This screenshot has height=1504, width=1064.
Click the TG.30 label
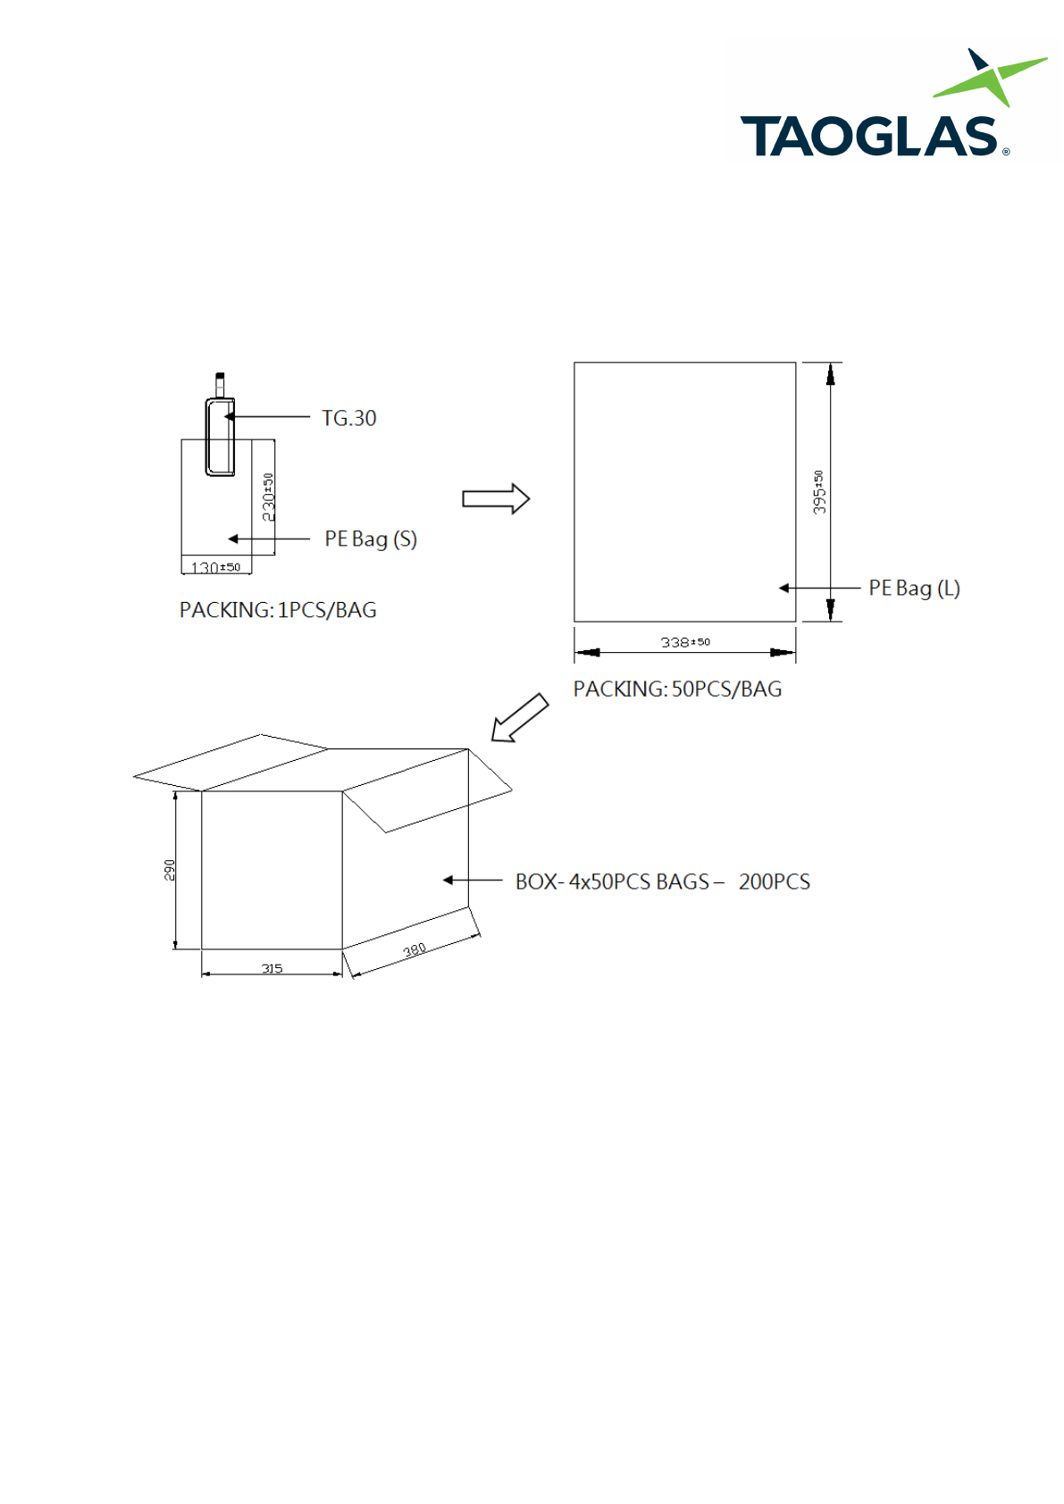[x=348, y=418]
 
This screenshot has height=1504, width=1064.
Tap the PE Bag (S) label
[x=371, y=539]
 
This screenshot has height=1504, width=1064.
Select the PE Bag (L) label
[x=914, y=589]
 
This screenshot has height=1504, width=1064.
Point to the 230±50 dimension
[x=269, y=497]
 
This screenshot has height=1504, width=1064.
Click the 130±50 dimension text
[x=215, y=567]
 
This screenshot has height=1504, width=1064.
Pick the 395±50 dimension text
[x=819, y=492]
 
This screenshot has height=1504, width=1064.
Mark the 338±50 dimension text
[x=685, y=642]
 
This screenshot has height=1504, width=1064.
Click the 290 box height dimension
[x=169, y=870]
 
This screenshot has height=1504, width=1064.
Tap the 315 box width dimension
[x=272, y=968]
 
